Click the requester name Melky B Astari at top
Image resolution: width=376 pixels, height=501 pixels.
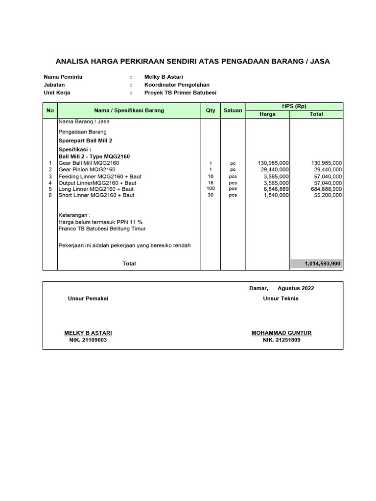tap(164, 77)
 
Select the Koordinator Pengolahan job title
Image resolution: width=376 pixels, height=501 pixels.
tap(177, 85)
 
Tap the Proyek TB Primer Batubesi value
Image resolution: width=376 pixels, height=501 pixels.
tap(180, 92)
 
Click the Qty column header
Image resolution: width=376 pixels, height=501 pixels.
tap(211, 111)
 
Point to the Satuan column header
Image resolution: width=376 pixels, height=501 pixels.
tap(233, 111)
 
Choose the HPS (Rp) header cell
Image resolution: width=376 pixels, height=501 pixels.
tap(294, 107)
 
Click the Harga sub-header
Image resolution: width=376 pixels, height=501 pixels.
tap(267, 114)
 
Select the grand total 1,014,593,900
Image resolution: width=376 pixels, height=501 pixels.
tap(323, 263)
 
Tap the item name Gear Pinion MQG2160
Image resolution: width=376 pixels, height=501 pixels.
tap(87, 169)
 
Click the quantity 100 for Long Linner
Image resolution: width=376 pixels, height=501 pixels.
tap(211, 188)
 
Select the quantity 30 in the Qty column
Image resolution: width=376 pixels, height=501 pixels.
tap(211, 195)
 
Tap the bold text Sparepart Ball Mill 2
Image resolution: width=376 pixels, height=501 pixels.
tap(86, 140)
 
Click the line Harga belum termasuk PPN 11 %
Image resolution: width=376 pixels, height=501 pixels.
tap(100, 222)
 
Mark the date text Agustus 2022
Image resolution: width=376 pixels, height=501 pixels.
tap(296, 288)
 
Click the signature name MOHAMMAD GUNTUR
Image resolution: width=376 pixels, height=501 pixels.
tap(282, 333)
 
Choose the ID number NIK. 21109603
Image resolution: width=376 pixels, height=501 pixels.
tap(88, 340)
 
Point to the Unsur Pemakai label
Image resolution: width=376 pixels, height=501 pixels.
tap(88, 298)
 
